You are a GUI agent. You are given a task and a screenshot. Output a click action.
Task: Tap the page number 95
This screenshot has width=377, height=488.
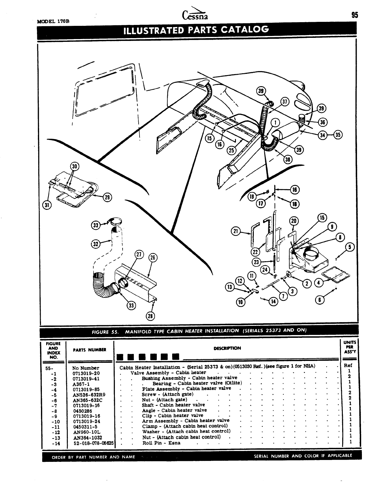tap(354, 15)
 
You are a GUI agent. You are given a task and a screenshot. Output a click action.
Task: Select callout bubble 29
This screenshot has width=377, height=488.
tap(107, 197)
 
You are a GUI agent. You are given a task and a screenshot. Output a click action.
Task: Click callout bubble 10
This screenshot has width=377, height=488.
tap(241, 302)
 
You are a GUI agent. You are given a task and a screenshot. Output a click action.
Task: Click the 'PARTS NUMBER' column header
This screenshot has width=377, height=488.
tap(89, 350)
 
